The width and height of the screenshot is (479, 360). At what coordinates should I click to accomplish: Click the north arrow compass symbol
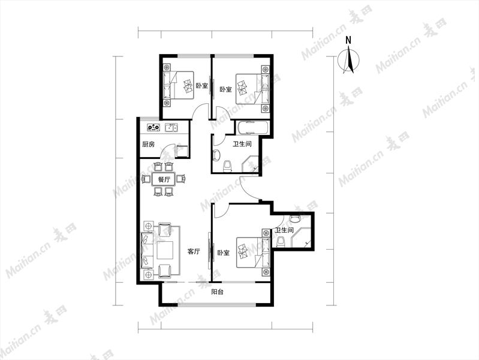point(348,60)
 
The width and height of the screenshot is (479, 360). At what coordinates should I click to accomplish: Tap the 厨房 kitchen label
point(149,145)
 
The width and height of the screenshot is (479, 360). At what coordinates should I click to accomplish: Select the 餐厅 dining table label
point(164,179)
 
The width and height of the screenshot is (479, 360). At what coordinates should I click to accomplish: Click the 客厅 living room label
point(194,252)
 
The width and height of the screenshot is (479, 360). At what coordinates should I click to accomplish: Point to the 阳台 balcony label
point(218,292)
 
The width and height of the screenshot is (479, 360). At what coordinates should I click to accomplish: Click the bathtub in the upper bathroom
point(252,128)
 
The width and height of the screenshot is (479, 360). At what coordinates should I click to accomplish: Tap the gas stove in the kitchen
point(153,127)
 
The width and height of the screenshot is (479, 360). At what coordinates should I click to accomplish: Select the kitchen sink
point(171,127)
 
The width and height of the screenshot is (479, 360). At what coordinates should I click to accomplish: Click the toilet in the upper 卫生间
point(228,166)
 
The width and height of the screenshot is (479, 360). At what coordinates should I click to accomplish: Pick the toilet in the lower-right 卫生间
point(281,242)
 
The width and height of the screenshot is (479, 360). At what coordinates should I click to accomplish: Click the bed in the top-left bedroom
point(179,85)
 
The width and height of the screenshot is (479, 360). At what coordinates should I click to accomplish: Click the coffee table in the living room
point(165,250)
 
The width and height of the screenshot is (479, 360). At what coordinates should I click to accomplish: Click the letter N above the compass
point(348,40)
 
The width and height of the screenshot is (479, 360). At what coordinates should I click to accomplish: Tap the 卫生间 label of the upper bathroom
point(242,144)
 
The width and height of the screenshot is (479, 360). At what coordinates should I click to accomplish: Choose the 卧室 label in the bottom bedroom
point(224,253)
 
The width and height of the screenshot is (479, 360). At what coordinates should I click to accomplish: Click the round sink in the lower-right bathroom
point(295,218)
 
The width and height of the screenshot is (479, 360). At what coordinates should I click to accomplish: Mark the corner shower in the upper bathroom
point(251,164)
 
